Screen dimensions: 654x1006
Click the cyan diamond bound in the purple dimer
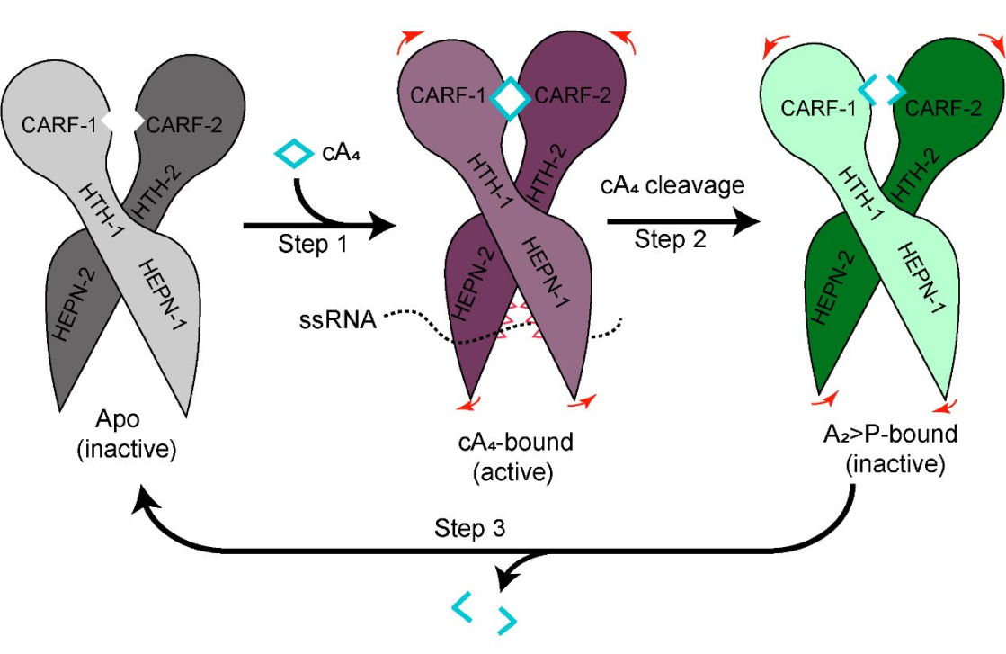[510, 98]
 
